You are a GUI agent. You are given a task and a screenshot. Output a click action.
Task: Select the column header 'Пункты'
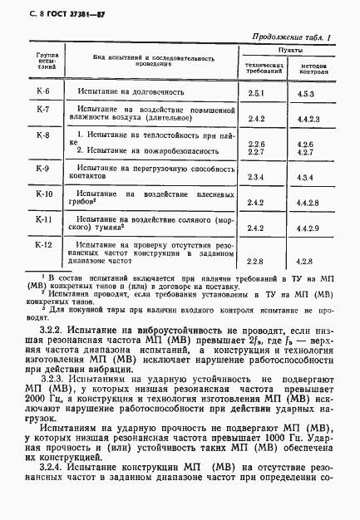[290, 52]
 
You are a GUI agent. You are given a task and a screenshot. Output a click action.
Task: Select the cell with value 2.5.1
[256, 95]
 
